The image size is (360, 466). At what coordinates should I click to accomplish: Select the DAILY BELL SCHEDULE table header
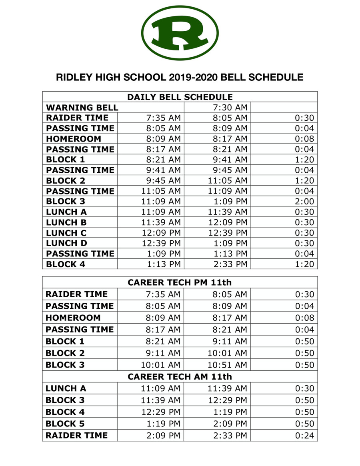click(x=180, y=97)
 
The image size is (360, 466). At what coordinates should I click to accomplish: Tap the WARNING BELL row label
click(x=82, y=108)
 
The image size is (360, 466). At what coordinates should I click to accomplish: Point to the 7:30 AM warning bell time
click(x=230, y=108)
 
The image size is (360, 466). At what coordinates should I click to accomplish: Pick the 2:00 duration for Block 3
click(x=304, y=202)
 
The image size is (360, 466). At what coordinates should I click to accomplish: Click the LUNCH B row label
click(x=66, y=222)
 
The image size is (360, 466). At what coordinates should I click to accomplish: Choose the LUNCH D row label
click(x=66, y=243)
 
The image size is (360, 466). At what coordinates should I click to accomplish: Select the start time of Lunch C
click(x=161, y=233)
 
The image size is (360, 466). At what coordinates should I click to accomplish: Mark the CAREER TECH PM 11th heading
click(x=180, y=282)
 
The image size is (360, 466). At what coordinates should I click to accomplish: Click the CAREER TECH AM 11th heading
click(x=180, y=377)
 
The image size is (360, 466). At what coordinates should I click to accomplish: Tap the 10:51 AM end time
click(x=227, y=365)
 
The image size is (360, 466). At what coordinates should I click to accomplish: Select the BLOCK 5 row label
click(x=65, y=424)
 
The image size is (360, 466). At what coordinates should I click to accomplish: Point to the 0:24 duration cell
click(x=304, y=436)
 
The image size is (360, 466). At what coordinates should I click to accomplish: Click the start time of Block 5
click(x=164, y=424)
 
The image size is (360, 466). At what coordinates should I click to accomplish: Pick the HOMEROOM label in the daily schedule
click(x=73, y=139)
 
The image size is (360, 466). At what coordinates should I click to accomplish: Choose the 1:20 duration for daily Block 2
click(x=304, y=181)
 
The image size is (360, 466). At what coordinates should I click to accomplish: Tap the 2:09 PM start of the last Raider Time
click(x=164, y=436)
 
